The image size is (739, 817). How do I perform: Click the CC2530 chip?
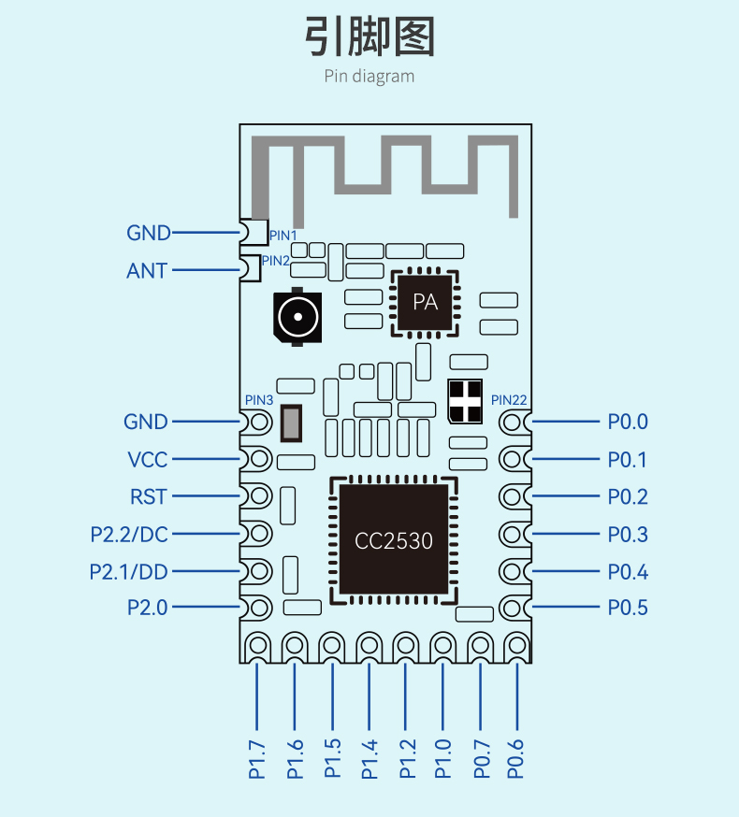pos(394,540)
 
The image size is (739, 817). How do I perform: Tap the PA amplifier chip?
pos(425,303)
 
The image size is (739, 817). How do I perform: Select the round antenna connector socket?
pos(297,316)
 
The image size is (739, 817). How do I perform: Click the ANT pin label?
pos(147,271)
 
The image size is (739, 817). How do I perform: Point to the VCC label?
pos(148,460)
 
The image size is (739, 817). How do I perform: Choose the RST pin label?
pos(149,496)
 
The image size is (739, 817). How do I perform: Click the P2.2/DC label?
pos(129,535)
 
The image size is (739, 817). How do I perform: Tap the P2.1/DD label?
pos(129,572)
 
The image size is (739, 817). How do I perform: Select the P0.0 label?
pos(628,422)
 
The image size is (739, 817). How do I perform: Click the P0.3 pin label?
pos(628,534)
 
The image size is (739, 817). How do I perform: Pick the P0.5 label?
pos(628,608)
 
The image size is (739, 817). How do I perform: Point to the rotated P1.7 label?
pos(257,760)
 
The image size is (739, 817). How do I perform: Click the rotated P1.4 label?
pos(369,759)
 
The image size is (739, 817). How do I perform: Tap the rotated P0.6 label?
pos(515,759)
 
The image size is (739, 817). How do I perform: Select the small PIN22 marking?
pos(509,400)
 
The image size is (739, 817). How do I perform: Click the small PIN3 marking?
pos(259,400)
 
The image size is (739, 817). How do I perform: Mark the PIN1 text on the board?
pos(283,236)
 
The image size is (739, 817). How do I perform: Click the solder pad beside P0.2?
pos(514,496)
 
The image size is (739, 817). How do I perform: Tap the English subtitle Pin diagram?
pos(369,77)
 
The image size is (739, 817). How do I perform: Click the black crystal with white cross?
pos(465,401)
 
